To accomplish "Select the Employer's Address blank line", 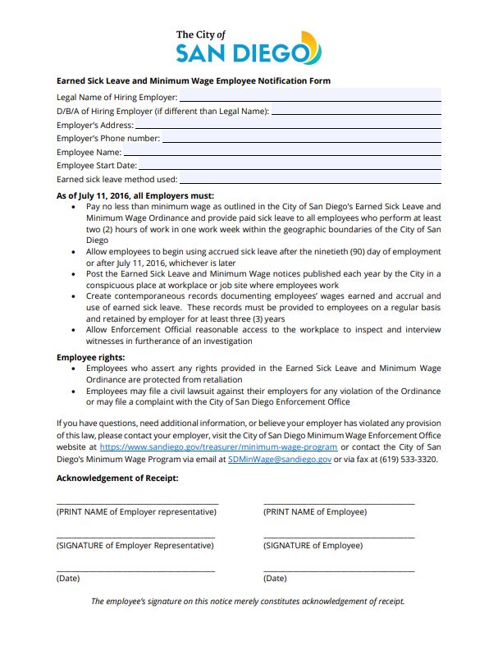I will click(x=287, y=125).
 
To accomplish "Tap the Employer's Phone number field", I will click(x=301, y=139).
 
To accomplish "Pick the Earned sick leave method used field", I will click(x=310, y=179).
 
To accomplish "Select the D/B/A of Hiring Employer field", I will click(x=356, y=111).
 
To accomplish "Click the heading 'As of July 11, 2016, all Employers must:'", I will click(x=135, y=196).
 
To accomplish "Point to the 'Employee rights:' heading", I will click(x=90, y=358).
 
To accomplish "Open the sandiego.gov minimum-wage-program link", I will click(x=218, y=447).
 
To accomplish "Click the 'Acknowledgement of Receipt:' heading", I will click(x=117, y=479).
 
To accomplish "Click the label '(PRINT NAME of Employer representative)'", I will click(x=136, y=512).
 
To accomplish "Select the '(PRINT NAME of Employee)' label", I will click(x=314, y=512).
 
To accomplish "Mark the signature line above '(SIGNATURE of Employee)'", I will click(x=338, y=537).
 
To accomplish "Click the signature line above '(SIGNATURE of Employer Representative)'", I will click(x=135, y=537).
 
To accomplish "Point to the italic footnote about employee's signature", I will click(x=248, y=602).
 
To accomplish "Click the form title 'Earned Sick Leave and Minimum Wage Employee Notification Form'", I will click(x=193, y=81).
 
